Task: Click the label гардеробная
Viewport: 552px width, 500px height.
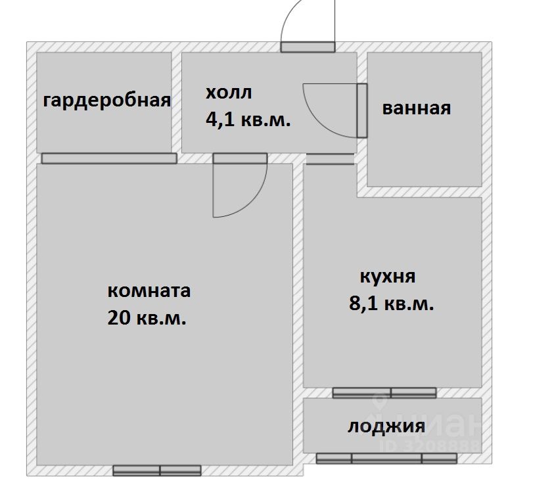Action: tap(107, 101)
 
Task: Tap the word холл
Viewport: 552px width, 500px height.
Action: tap(228, 93)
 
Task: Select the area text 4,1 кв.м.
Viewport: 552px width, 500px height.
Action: tap(248, 120)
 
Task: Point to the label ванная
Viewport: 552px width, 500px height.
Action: tap(417, 108)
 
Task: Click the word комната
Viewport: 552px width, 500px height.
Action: tap(149, 290)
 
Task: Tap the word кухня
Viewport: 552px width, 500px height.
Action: tap(388, 276)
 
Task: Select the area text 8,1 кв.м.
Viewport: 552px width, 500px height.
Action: tap(392, 304)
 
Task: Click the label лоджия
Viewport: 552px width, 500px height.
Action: tap(386, 426)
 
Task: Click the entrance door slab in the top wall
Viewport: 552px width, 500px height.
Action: tap(308, 47)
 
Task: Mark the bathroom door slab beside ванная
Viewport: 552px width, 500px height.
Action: tap(362, 110)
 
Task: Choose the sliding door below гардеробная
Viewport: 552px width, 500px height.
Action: tap(109, 158)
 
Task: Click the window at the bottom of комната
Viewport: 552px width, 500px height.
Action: tap(156, 470)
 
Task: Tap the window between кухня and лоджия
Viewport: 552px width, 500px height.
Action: tap(384, 393)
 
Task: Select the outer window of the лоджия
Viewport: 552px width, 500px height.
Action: tap(386, 458)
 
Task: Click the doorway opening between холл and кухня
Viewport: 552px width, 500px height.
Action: tap(330, 159)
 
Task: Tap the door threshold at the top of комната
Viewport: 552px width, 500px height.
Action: tap(240, 158)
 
